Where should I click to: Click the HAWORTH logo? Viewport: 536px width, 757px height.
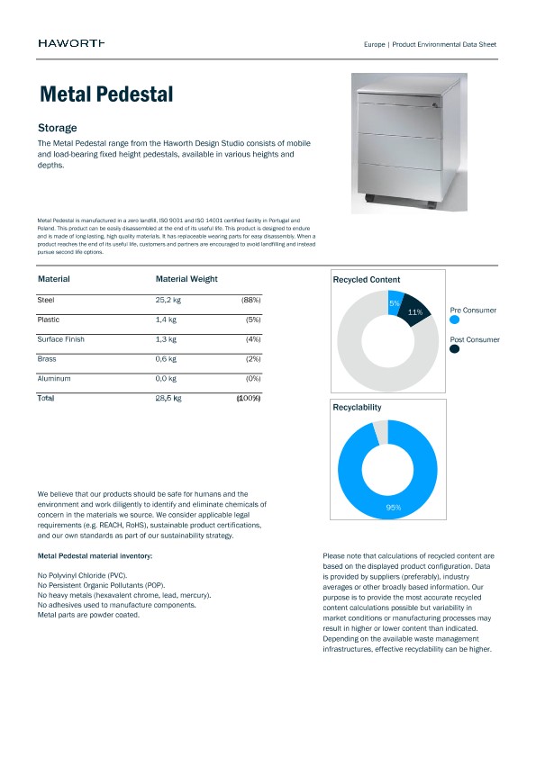click(x=71, y=43)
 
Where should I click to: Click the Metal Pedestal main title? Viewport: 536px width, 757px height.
click(x=106, y=95)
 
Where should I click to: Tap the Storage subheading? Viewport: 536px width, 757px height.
click(x=57, y=128)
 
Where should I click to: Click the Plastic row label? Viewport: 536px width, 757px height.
click(x=49, y=320)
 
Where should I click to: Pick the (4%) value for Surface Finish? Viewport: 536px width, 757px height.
click(x=252, y=339)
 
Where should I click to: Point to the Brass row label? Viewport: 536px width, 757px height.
click(x=47, y=359)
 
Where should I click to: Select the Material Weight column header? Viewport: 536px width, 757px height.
click(x=186, y=279)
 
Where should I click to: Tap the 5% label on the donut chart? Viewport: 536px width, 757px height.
click(x=395, y=303)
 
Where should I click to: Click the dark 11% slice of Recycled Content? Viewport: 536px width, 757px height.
click(x=415, y=311)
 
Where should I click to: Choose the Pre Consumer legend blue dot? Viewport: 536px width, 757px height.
click(x=454, y=320)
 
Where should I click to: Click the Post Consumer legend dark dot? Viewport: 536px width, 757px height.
click(x=454, y=349)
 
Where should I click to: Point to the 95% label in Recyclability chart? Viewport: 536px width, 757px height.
click(x=393, y=509)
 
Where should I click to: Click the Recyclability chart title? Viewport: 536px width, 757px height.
click(x=357, y=408)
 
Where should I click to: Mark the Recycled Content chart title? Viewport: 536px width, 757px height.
click(x=367, y=280)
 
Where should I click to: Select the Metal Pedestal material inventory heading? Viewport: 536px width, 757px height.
click(x=95, y=556)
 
